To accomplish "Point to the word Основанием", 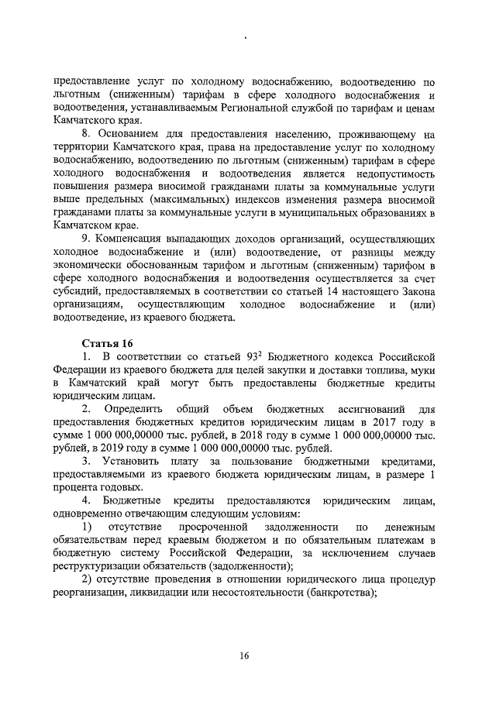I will (129, 137).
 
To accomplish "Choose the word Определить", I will (138, 407).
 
